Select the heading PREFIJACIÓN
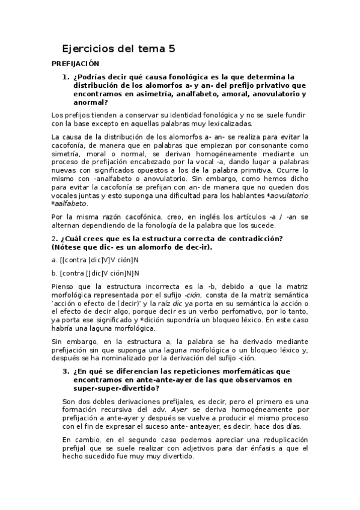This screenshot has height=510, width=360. [x=76, y=63]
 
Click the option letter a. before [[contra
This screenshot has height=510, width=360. [x=55, y=260]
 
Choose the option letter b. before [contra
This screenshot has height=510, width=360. [x=55, y=272]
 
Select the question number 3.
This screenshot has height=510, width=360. [x=66, y=371]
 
